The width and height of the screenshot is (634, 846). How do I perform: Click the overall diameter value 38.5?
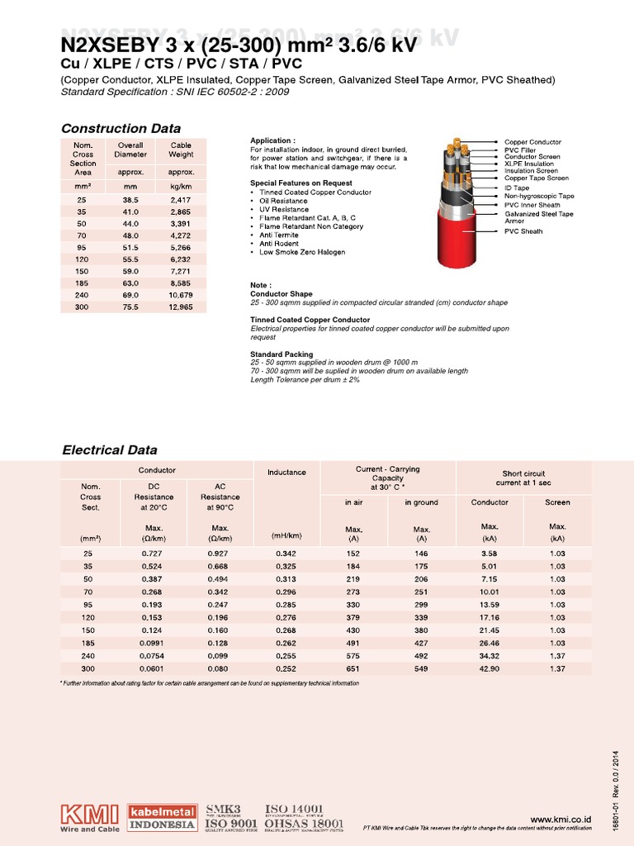click(x=129, y=201)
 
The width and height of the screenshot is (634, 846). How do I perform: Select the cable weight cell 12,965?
click(x=181, y=307)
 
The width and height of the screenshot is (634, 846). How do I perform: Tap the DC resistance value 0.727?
click(x=151, y=554)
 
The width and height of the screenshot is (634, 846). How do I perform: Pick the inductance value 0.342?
click(x=286, y=554)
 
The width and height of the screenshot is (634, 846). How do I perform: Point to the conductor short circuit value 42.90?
click(x=490, y=668)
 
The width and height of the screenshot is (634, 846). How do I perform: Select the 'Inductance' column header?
click(x=286, y=473)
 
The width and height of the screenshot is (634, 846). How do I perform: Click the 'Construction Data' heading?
click(x=121, y=128)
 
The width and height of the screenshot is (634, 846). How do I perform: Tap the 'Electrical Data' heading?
click(x=110, y=450)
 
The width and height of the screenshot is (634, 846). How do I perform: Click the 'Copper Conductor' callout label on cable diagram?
click(x=532, y=142)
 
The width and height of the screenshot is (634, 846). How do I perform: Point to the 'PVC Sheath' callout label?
click(x=523, y=231)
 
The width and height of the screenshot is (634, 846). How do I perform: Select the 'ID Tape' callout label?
click(x=517, y=188)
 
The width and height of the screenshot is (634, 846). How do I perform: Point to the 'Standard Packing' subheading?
click(x=282, y=354)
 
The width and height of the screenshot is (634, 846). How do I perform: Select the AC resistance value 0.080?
click(x=220, y=668)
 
